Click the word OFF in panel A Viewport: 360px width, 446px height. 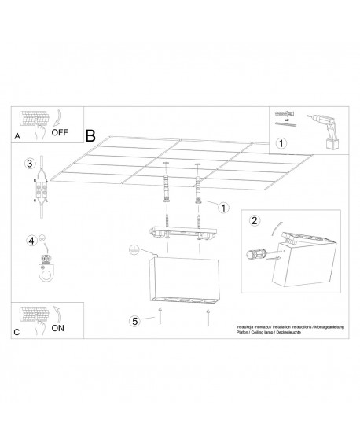[61, 131]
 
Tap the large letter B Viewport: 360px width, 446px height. [90, 136]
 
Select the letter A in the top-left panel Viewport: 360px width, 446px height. [17, 135]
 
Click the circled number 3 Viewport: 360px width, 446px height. [28, 163]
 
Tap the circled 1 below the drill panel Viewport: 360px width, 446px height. [283, 143]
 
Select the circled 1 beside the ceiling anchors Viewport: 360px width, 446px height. [223, 208]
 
